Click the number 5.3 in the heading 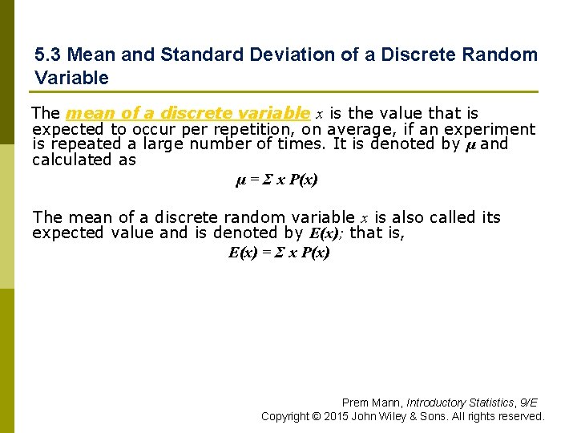[47, 55]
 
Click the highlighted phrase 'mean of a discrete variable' [188, 113]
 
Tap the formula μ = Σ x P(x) [276, 180]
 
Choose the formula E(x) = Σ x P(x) [279, 253]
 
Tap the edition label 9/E [529, 403]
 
